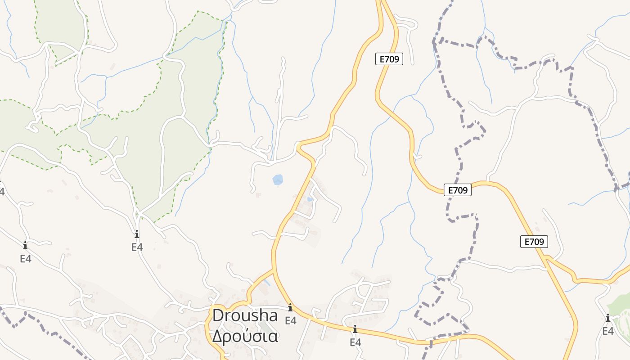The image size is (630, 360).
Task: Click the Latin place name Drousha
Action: pos(245,315)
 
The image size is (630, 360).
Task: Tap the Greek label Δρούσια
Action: pos(245,336)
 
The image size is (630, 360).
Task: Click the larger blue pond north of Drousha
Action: pos(278,180)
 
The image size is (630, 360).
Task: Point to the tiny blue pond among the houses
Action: pos(310,198)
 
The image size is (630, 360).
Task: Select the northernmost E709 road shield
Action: pos(389,59)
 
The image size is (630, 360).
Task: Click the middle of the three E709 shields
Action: pos(458,190)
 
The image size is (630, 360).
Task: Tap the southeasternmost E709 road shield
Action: pos(535,242)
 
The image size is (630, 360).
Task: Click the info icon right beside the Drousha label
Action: pos(290,308)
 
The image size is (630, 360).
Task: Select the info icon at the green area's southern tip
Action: pos(137,234)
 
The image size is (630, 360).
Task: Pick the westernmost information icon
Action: pos(25,246)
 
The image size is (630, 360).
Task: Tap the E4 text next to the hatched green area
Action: pos(608,331)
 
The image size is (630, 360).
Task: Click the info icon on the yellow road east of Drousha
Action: pos(355,329)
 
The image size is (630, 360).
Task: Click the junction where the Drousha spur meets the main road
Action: pos(274,270)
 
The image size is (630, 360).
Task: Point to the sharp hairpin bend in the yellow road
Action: pos(298,145)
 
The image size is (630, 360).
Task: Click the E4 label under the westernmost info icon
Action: pos(25,259)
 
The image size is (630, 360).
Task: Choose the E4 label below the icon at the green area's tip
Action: pos(137,247)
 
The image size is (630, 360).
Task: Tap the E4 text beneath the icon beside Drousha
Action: pos(290,320)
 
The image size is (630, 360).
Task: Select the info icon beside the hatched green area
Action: pos(608,318)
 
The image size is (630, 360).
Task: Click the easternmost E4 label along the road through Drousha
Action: pos(355,342)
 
